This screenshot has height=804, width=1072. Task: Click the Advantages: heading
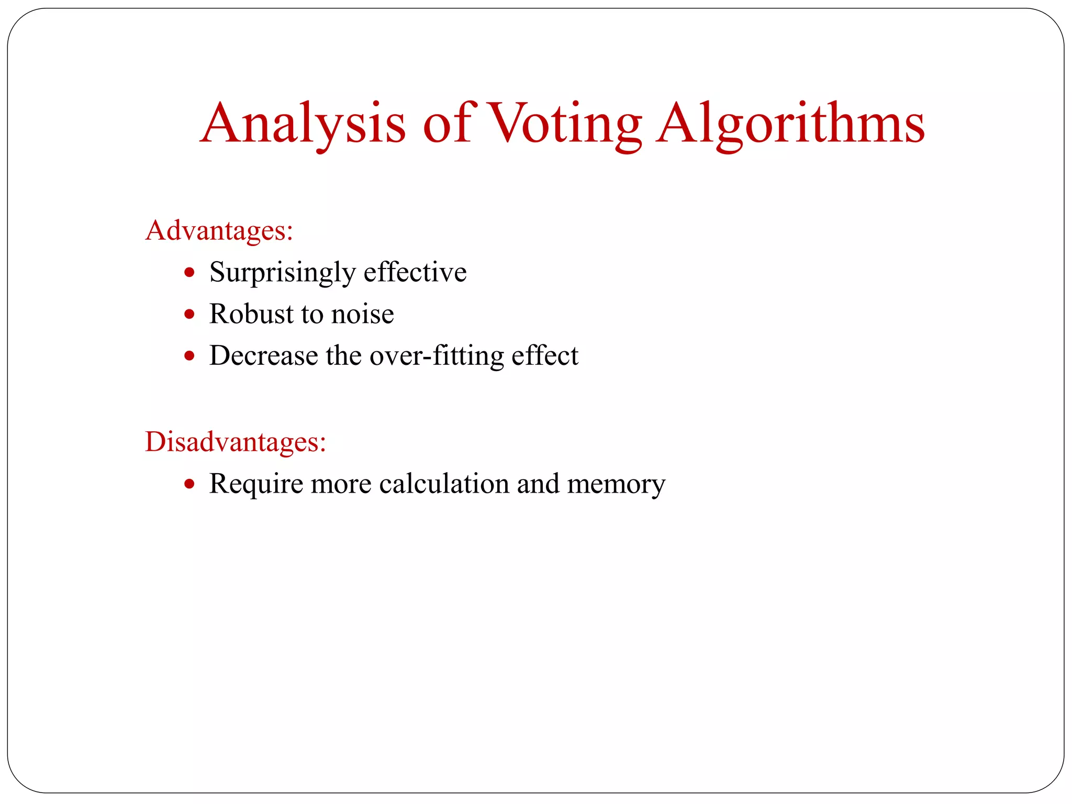click(219, 230)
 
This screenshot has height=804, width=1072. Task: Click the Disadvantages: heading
click(236, 441)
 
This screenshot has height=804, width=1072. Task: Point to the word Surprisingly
click(282, 272)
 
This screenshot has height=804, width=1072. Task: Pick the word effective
click(415, 272)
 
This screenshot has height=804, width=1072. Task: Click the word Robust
click(251, 314)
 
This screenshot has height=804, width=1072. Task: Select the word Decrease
click(264, 356)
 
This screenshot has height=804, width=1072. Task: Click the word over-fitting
click(437, 356)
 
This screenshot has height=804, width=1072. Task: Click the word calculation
click(444, 484)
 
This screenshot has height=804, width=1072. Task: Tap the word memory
click(616, 484)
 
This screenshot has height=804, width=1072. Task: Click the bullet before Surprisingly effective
click(189, 273)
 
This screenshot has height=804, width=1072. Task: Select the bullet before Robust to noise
click(189, 315)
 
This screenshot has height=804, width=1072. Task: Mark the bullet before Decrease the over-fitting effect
click(189, 356)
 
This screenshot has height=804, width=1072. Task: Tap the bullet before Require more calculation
click(189, 484)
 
